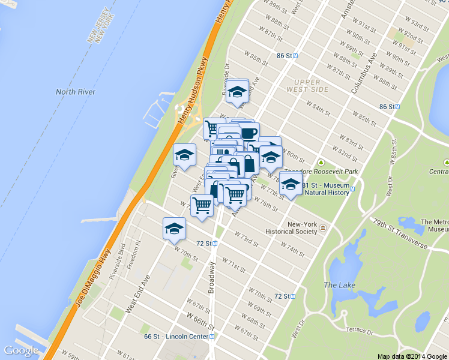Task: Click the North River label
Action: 76,92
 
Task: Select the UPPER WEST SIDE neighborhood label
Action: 312,85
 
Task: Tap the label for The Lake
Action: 340,284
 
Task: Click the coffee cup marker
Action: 249,133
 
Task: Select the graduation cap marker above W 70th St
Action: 175,228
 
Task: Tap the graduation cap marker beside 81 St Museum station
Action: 291,184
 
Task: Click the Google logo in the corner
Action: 21,350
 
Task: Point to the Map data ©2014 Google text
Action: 412,356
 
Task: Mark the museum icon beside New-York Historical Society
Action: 323,228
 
